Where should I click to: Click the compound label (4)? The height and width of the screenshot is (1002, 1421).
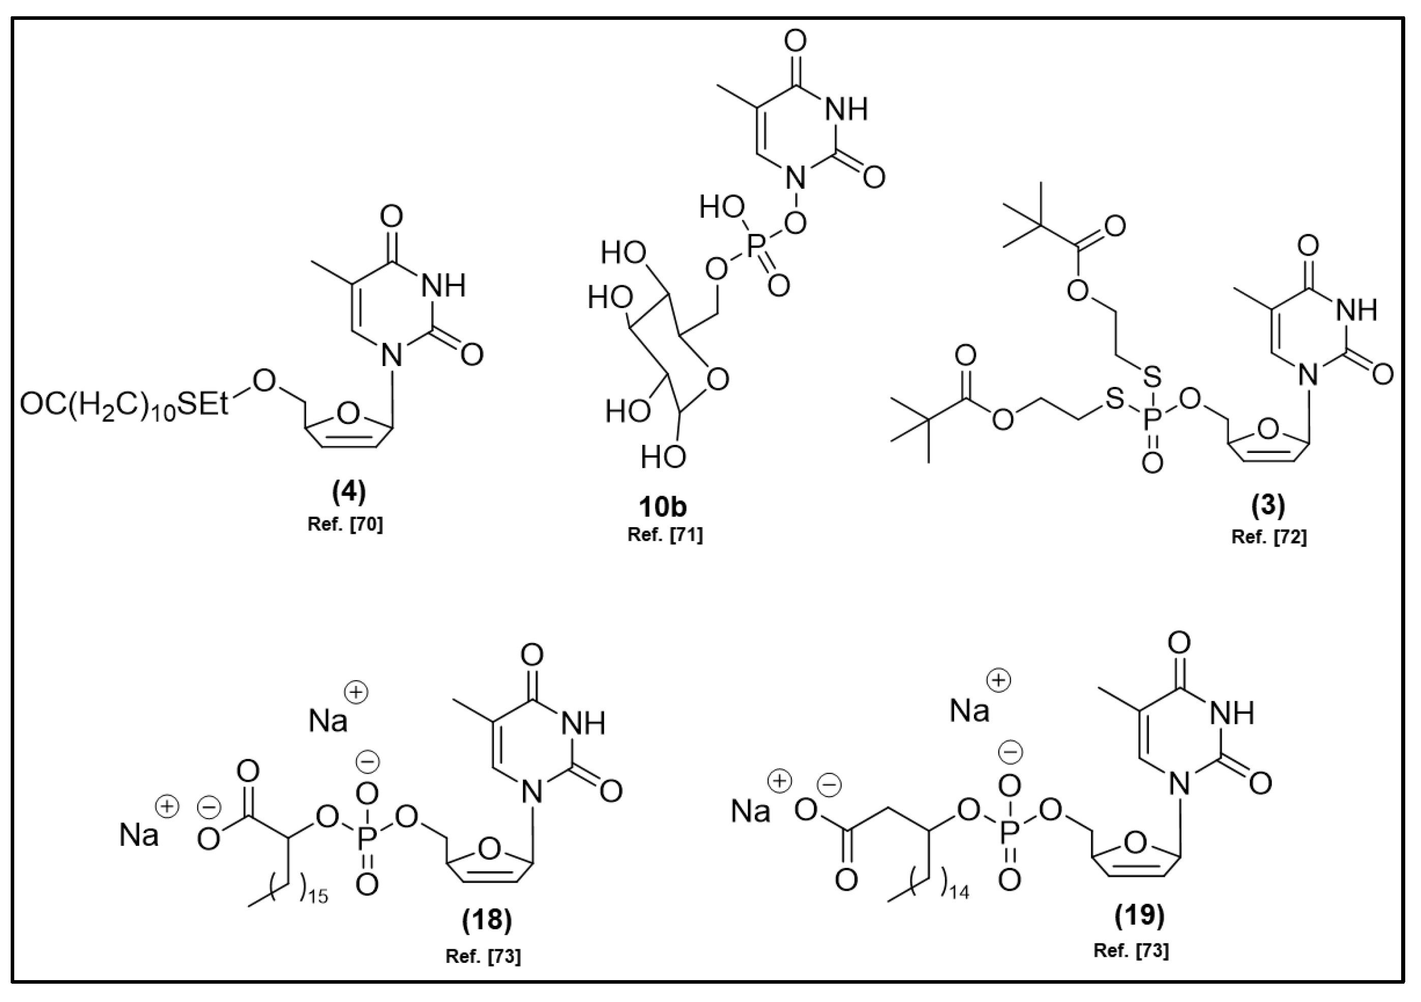click(x=349, y=492)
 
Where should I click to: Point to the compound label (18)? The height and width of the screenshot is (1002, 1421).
click(x=487, y=920)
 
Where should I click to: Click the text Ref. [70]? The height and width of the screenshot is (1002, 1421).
click(x=345, y=525)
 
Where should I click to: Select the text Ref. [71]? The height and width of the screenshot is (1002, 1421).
click(x=665, y=535)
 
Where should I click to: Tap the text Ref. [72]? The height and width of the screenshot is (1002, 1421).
click(x=1269, y=537)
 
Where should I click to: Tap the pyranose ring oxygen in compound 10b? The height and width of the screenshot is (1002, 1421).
click(x=717, y=379)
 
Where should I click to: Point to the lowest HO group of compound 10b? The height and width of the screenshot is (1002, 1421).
click(x=663, y=457)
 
